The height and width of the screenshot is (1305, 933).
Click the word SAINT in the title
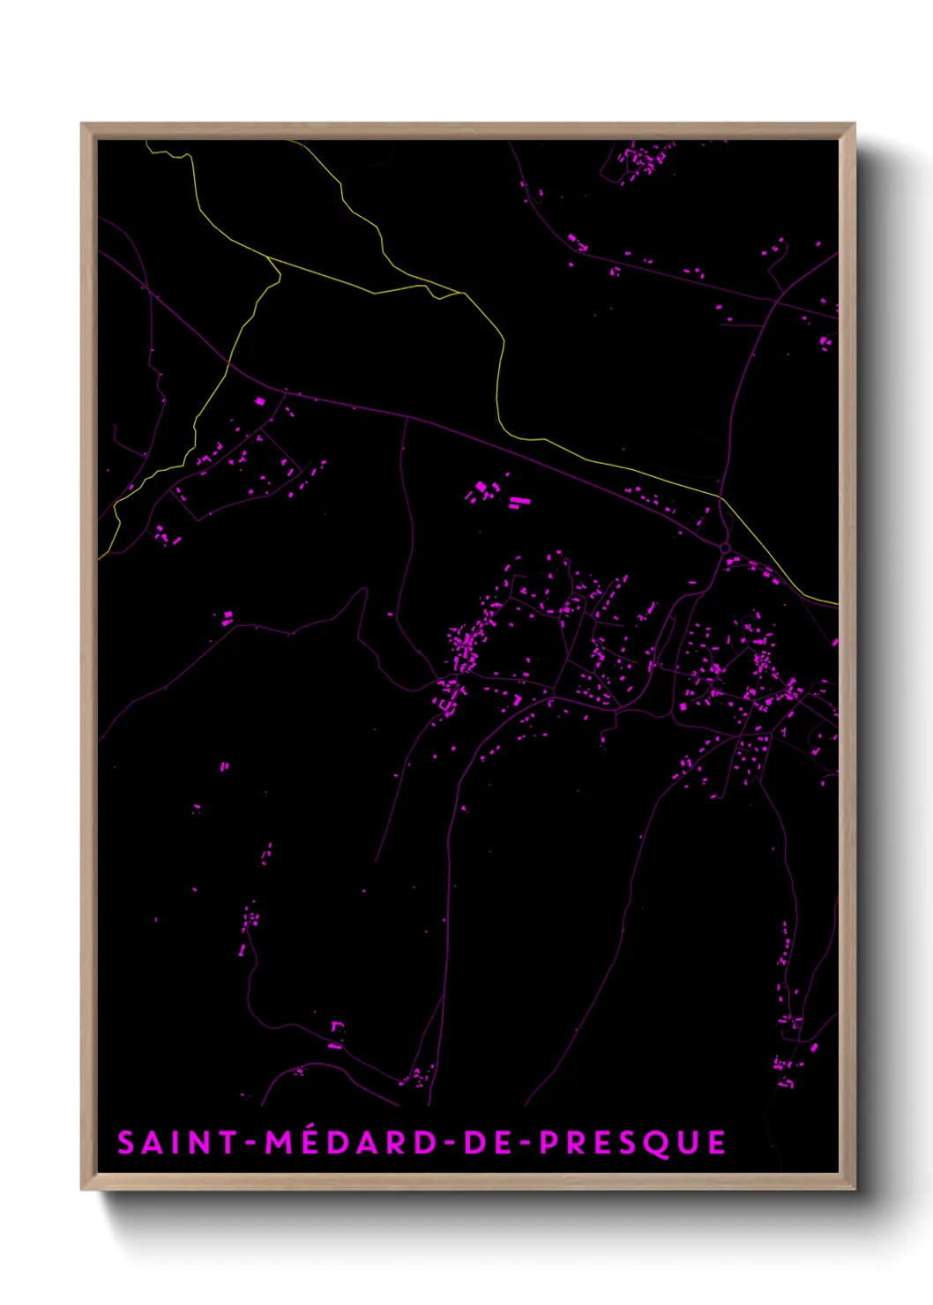click(176, 1143)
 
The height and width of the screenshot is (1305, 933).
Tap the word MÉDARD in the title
click(351, 1143)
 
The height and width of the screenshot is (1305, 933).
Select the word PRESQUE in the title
click(633, 1143)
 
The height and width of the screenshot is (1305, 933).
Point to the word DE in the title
click(489, 1143)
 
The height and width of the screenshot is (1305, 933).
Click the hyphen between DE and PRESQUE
click(526, 1144)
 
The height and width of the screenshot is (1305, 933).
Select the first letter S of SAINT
click(127, 1143)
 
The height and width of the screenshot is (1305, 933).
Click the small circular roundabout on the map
click(725, 548)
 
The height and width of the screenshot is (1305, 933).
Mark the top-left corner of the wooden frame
click(82, 124)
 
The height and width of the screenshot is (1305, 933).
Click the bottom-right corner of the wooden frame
click(854, 1189)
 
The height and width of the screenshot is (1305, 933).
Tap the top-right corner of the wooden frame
click(854, 124)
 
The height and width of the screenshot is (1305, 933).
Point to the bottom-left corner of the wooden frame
click(82, 1189)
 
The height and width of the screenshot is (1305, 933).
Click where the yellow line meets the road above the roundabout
click(720, 498)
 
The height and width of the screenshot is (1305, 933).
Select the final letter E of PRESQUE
click(716, 1143)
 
